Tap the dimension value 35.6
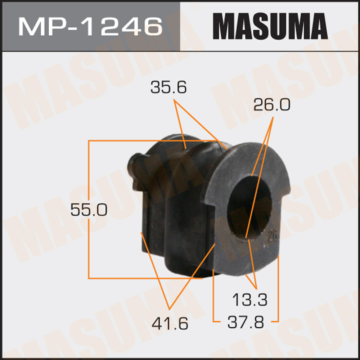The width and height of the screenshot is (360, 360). [x=168, y=87]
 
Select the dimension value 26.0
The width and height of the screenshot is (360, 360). [x=272, y=105]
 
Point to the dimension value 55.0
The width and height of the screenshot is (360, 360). [x=89, y=210]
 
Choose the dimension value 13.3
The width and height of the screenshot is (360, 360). [x=250, y=300]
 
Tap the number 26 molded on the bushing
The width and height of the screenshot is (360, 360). [x=273, y=236]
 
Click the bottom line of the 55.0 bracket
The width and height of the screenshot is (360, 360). [x=144, y=278]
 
